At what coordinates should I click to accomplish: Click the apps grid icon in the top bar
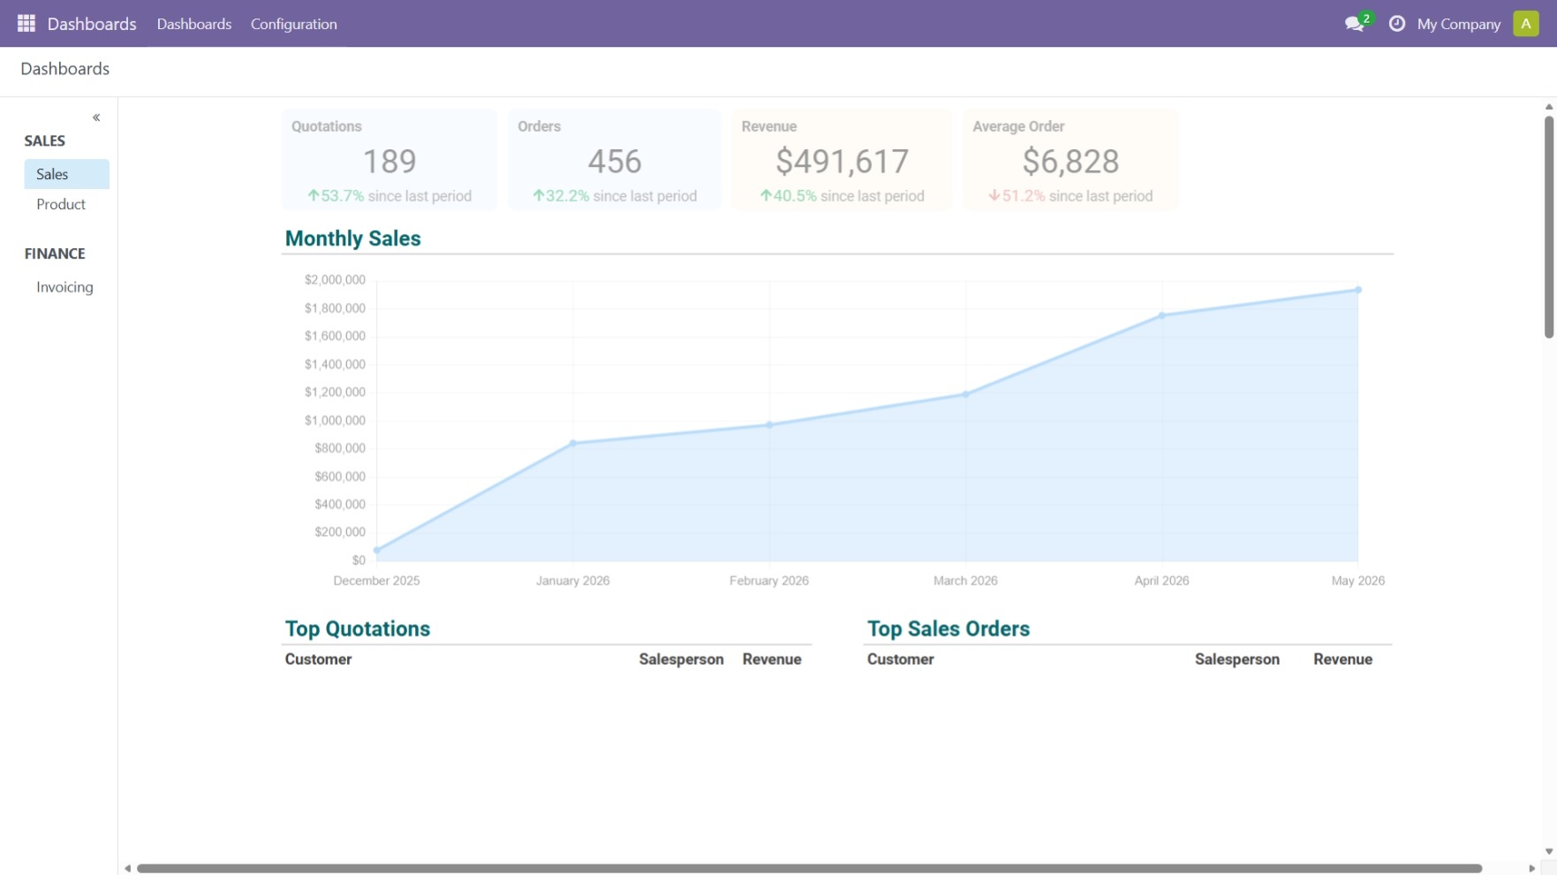[26, 24]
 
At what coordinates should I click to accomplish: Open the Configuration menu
[294, 24]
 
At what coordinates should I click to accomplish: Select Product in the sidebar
[61, 204]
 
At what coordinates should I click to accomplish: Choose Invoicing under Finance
[64, 287]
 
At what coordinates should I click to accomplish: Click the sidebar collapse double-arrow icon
[96, 117]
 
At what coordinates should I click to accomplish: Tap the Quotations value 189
[389, 162]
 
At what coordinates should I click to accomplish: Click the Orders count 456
[615, 162]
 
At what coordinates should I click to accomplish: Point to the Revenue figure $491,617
[843, 162]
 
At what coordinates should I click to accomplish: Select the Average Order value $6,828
[1070, 162]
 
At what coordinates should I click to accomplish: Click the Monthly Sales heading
[353, 238]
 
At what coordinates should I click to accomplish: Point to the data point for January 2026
[573, 443]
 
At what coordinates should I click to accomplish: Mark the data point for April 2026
[1162, 315]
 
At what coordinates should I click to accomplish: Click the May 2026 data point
[1358, 290]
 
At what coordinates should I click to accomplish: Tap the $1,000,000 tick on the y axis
[335, 420]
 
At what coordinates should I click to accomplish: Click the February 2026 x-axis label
[769, 581]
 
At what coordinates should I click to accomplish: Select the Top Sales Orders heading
[949, 629]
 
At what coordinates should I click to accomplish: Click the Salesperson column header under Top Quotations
[682, 660]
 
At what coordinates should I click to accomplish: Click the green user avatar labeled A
[1526, 24]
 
